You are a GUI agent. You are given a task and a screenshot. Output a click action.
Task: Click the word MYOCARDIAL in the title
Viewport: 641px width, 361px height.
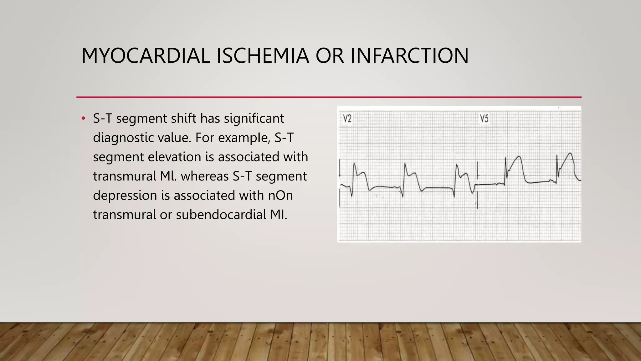tap(146, 56)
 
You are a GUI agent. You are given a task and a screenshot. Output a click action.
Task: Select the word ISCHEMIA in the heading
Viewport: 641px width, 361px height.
tap(263, 56)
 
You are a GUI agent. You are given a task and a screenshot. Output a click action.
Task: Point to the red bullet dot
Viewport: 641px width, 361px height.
tap(83, 118)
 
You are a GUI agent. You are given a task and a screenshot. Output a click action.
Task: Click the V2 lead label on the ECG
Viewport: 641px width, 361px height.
tap(347, 118)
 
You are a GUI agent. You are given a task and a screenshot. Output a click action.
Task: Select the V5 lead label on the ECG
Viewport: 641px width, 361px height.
tap(484, 118)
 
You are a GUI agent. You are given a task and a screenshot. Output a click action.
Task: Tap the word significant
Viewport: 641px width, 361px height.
tap(254, 118)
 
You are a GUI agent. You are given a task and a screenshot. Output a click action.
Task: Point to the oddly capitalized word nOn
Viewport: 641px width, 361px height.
tap(280, 196)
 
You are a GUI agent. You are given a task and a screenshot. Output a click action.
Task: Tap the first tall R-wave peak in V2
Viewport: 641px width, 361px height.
tap(354, 164)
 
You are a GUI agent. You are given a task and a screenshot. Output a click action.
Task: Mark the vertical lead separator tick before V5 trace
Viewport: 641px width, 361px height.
tap(477, 185)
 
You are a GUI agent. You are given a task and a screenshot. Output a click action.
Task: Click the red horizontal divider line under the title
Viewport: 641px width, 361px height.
tap(329, 97)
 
